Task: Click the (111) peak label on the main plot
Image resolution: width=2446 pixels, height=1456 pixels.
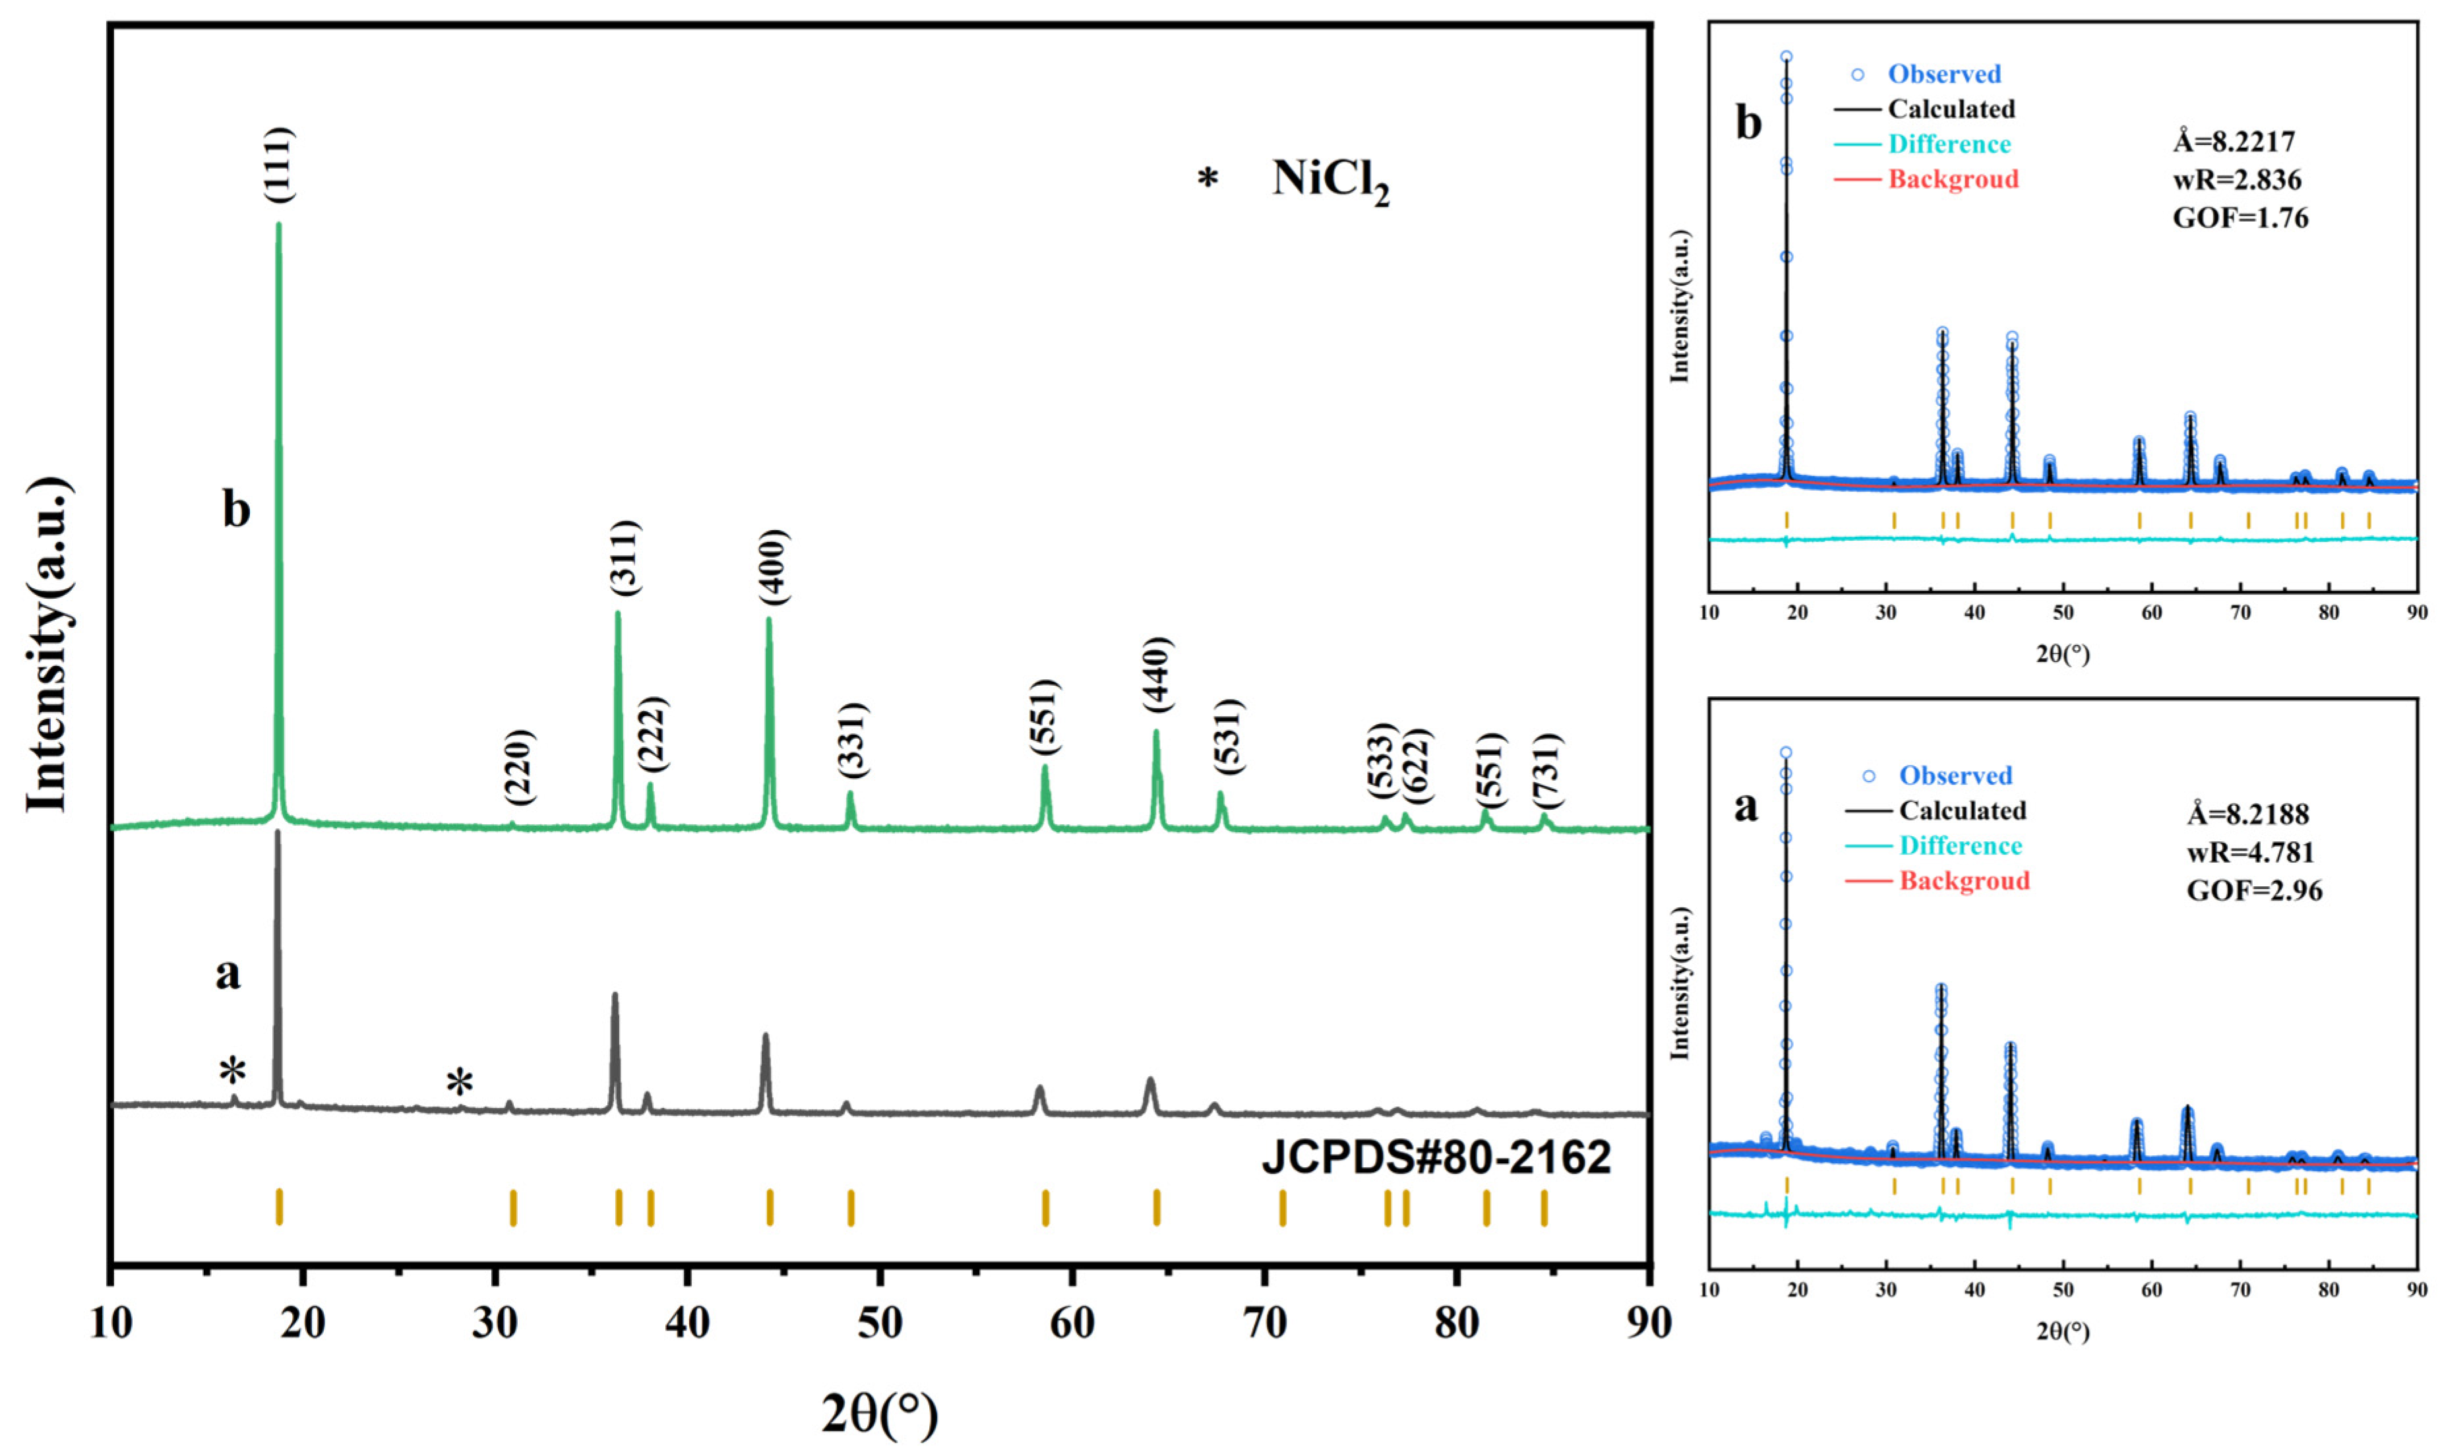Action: tap(280, 165)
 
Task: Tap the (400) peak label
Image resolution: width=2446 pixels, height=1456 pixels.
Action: tap(773, 567)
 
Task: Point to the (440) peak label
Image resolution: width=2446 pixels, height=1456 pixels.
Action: tap(1158, 675)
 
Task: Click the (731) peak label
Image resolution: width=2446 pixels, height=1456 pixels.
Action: tap(1546, 771)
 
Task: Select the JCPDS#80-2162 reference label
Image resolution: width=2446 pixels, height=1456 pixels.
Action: tap(1436, 1158)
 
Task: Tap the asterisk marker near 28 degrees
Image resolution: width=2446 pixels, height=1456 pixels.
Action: tap(459, 1084)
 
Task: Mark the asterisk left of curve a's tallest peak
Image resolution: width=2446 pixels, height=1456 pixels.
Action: tap(233, 1072)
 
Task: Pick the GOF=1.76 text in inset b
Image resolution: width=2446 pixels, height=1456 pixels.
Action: tap(2240, 217)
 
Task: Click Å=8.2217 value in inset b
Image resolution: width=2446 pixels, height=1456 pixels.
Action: tap(2233, 142)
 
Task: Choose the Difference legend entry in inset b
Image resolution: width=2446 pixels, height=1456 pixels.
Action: tap(1949, 144)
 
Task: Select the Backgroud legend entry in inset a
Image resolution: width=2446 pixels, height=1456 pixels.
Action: tap(1963, 880)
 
